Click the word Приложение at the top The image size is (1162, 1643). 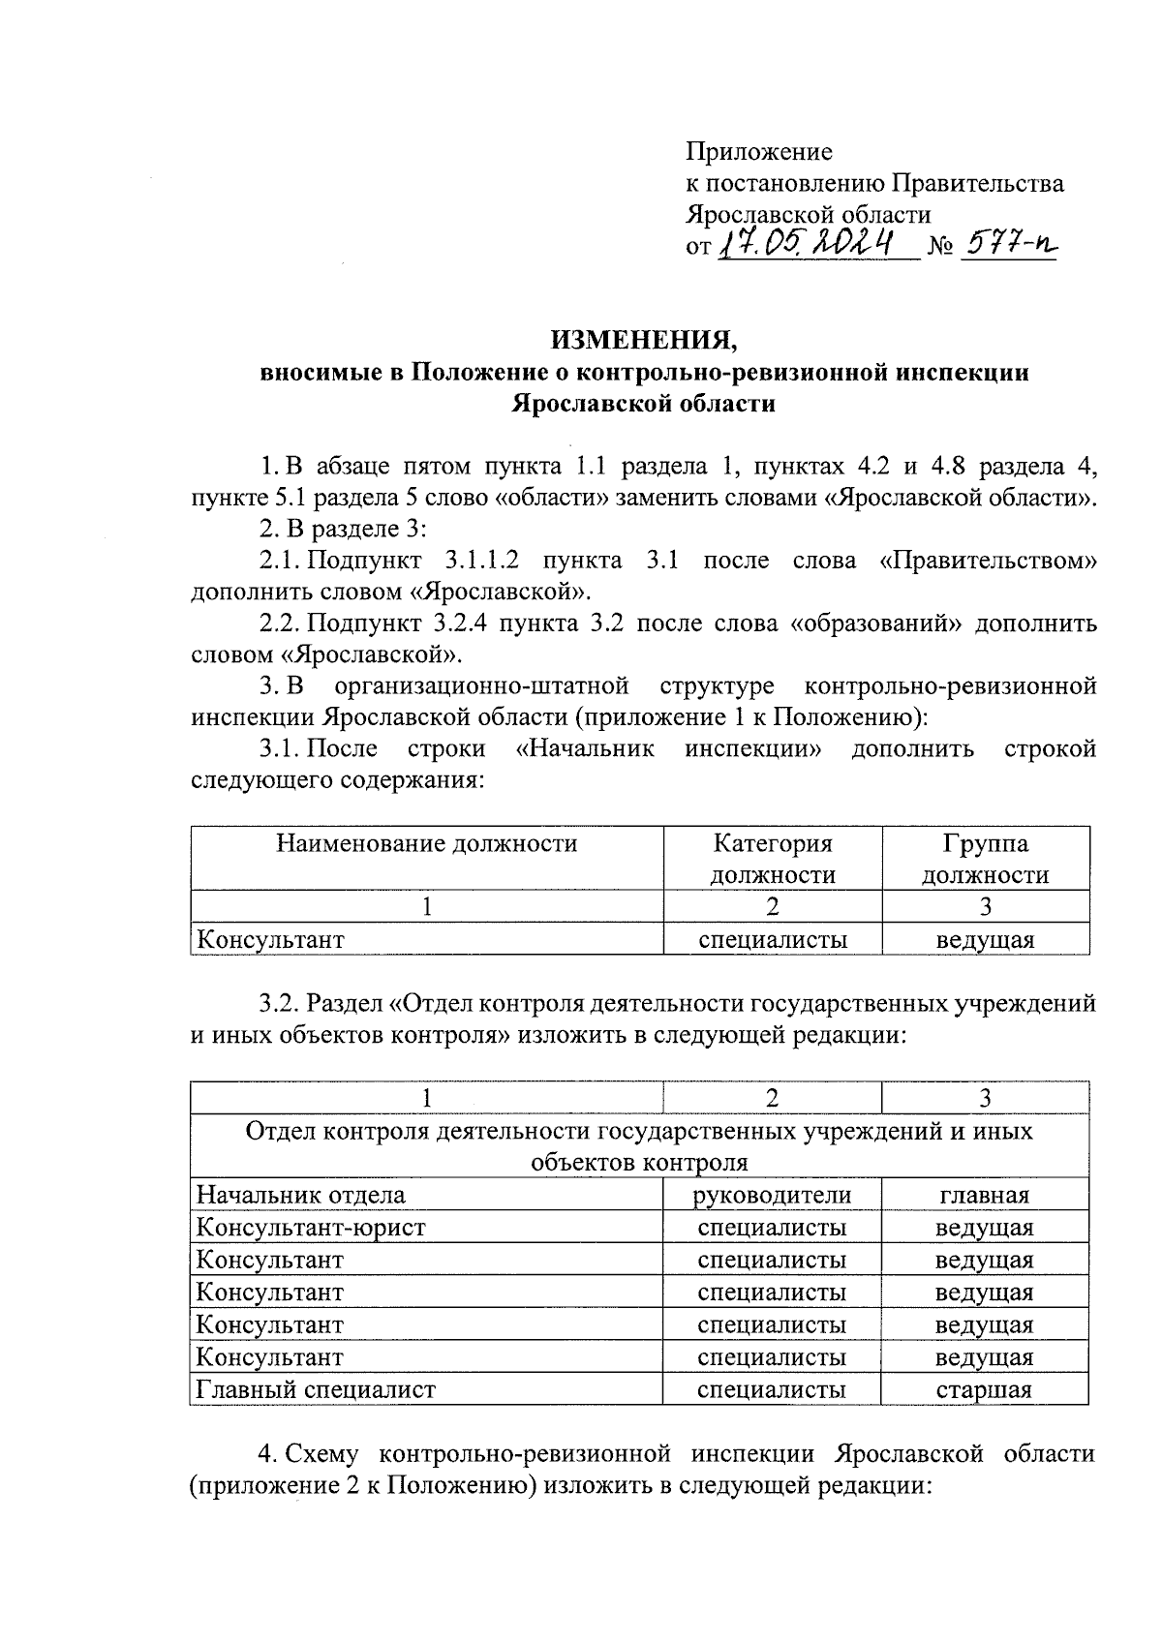(759, 152)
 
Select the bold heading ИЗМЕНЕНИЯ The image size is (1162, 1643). (644, 341)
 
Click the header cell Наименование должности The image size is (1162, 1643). (427, 844)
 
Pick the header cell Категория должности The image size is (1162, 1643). (773, 860)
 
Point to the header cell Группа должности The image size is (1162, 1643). (985, 860)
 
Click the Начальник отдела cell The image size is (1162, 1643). (301, 1196)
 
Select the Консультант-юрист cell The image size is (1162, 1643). (311, 1229)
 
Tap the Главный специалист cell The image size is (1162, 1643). (316, 1390)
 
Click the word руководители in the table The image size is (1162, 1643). (772, 1196)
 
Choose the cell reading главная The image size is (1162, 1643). (984, 1196)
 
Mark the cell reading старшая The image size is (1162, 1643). (984, 1390)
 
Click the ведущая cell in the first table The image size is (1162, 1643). (985, 939)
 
